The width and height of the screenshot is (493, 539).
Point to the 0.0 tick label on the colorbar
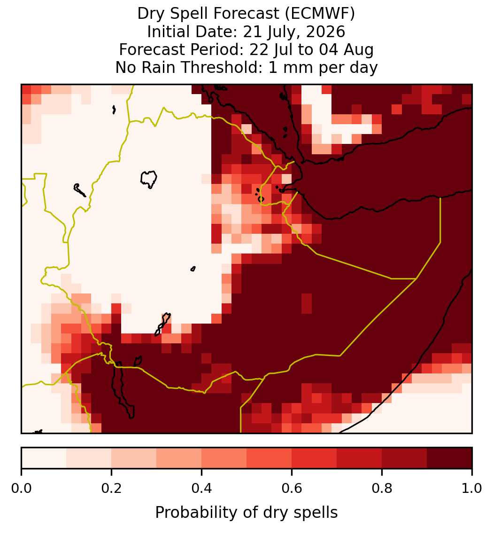click(x=21, y=488)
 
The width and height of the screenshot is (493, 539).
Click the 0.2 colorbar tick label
click(x=111, y=488)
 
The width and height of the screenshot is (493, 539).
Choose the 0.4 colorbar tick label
click(x=202, y=488)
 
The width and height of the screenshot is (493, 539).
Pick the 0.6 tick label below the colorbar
click(x=292, y=488)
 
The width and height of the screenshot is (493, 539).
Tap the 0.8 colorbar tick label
click(x=382, y=488)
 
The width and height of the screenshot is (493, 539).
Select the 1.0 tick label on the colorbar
click(x=472, y=488)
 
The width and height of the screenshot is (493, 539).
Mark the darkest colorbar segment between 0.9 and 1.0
click(x=449, y=458)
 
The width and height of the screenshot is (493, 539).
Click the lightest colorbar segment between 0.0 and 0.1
click(x=44, y=458)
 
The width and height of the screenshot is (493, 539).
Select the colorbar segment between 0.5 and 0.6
click(x=270, y=458)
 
